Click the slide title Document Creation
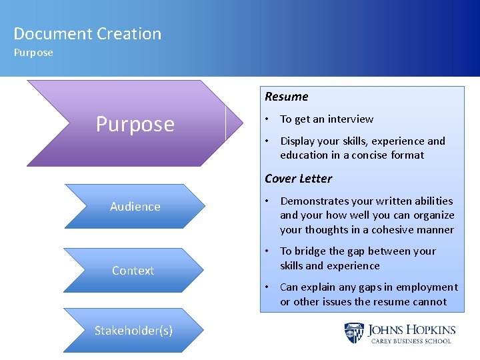coord(87,34)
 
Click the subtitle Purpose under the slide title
coord(33,53)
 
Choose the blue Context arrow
coord(133,271)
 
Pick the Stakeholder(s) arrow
coord(133,331)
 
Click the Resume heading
coord(286,97)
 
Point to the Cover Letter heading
coord(298,179)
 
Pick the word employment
coord(427,287)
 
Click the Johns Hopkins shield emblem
coord(353,333)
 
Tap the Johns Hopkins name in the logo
coord(411,329)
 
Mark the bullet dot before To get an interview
coord(265,119)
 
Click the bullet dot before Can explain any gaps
coord(265,287)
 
